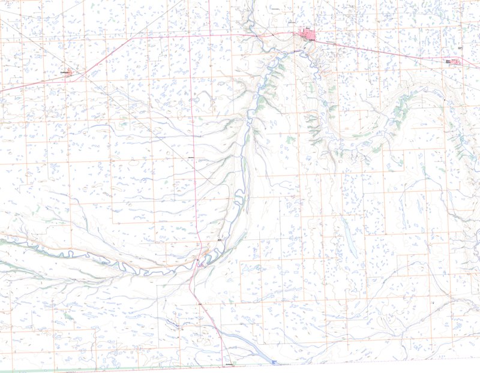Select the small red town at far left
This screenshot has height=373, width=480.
(x=70, y=73)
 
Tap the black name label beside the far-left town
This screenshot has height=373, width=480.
(x=64, y=72)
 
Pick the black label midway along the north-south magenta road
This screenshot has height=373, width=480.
(x=192, y=157)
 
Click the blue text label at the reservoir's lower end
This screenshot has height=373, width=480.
(x=274, y=362)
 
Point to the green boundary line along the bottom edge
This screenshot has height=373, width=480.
(x=120, y=369)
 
